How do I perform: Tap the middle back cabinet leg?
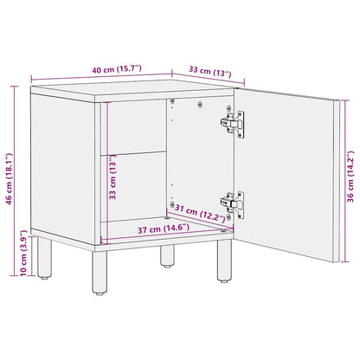[167, 254]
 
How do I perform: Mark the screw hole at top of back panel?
[174, 102]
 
